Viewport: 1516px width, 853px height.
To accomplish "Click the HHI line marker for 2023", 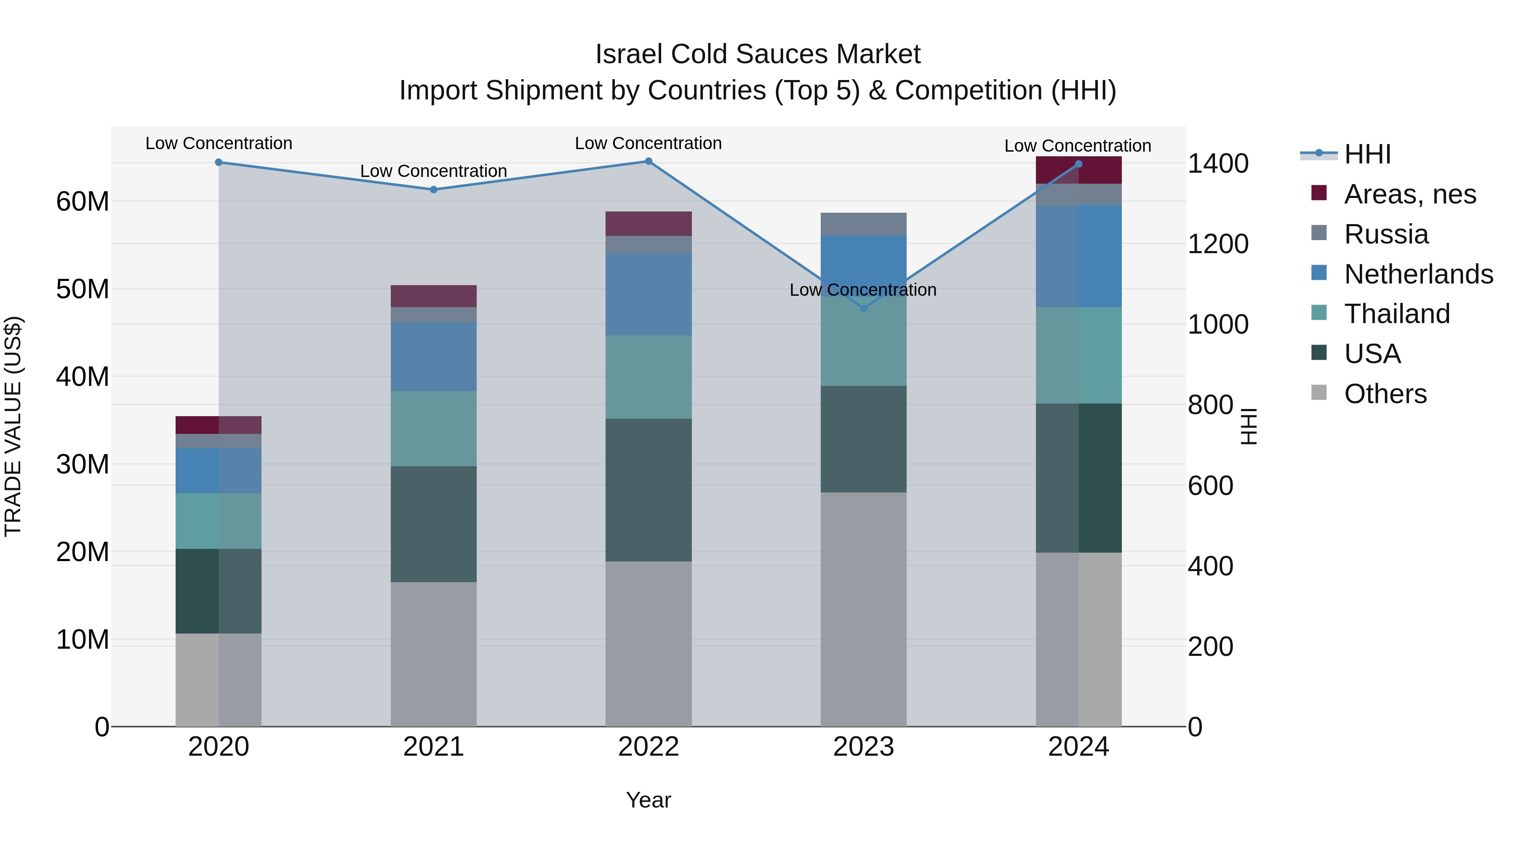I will [863, 308].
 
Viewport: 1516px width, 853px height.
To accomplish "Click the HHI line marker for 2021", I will [434, 190].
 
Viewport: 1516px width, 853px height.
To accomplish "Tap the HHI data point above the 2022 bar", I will [649, 161].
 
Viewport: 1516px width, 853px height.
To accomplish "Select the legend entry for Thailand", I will [1396, 314].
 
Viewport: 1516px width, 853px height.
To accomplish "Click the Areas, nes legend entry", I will [1409, 194].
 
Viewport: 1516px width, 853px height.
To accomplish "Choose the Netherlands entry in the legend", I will [1418, 274].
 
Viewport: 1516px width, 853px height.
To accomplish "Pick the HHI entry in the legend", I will [1367, 154].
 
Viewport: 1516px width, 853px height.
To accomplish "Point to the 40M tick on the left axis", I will [83, 377].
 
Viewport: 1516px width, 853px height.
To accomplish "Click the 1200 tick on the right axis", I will [1217, 244].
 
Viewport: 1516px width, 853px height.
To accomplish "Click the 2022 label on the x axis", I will [649, 747].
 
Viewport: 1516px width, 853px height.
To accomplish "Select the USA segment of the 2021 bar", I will [434, 524].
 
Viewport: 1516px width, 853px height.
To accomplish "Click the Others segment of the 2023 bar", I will [863, 609].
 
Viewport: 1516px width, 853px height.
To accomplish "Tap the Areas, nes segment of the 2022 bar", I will [649, 224].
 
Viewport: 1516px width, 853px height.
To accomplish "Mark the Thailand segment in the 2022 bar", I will [649, 377].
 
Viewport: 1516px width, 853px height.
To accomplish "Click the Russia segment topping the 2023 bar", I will [863, 224].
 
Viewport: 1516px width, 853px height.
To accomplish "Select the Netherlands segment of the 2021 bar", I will [434, 356].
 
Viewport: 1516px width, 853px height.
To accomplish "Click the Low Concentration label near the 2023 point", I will [863, 290].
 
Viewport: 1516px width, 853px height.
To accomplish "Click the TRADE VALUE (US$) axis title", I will [13, 426].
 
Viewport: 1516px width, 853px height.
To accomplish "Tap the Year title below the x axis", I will [649, 800].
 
